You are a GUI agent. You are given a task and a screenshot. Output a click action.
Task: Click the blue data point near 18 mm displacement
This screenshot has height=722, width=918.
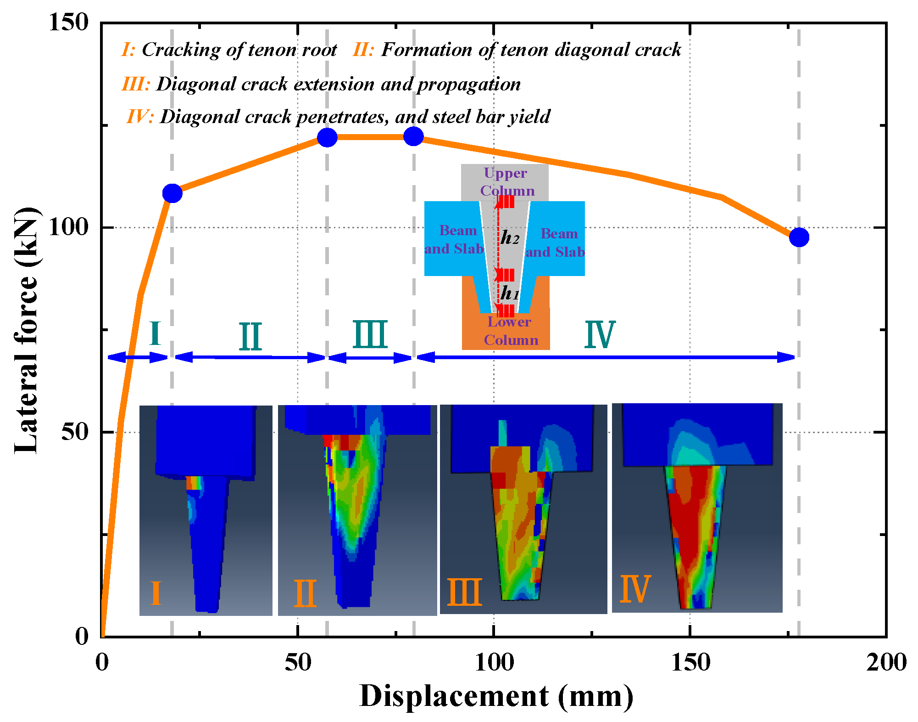pyautogui.click(x=172, y=193)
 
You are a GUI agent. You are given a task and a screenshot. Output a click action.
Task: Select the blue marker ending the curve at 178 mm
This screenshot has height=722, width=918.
pyautogui.click(x=799, y=237)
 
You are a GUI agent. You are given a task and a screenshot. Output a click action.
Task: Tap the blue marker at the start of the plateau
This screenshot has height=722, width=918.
pyautogui.click(x=327, y=137)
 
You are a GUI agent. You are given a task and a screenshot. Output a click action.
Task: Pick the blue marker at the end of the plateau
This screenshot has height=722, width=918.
pyautogui.click(x=414, y=136)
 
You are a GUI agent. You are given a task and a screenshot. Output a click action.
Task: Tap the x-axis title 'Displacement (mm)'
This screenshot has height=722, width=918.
pyautogui.click(x=496, y=696)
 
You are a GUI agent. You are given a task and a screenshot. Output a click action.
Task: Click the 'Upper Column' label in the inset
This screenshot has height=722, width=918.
pyautogui.click(x=506, y=182)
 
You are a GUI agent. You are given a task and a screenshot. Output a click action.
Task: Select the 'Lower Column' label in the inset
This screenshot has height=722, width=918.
pyautogui.click(x=510, y=331)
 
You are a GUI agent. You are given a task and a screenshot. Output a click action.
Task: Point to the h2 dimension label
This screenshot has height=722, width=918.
pyautogui.click(x=510, y=237)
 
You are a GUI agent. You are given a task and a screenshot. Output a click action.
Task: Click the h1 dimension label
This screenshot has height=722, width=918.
pyautogui.click(x=509, y=293)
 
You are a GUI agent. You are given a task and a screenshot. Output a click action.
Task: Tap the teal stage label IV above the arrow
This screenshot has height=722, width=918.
pyautogui.click(x=599, y=335)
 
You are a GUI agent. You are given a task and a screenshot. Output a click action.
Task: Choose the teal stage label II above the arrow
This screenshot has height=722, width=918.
pyautogui.click(x=250, y=337)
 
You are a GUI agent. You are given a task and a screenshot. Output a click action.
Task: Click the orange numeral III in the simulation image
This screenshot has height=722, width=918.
pyautogui.click(x=464, y=592)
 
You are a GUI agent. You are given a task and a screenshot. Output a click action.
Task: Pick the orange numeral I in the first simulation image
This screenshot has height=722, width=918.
pyautogui.click(x=156, y=593)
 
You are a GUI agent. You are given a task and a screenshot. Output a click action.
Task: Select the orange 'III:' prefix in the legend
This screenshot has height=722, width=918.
pyautogui.click(x=135, y=84)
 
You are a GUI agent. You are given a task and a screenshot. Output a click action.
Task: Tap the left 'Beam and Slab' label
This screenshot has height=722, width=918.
pyautogui.click(x=455, y=239)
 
